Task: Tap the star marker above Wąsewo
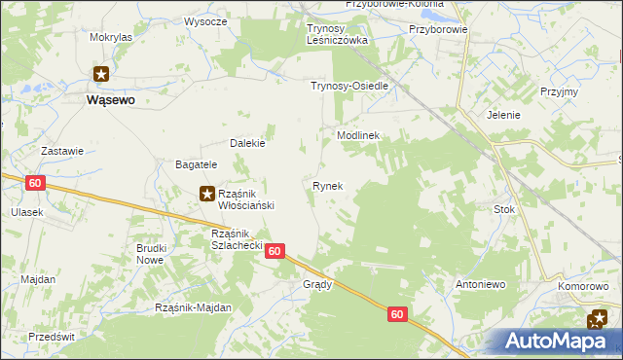pos(102,73)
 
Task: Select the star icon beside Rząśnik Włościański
pos(207,194)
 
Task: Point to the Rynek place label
pos(327,185)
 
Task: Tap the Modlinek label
pos(357,136)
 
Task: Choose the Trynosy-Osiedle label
pos(349,86)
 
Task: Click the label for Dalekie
pos(247,143)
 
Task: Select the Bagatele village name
pos(196,165)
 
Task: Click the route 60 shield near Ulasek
pos(35,183)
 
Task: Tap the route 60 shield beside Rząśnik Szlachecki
pos(275,251)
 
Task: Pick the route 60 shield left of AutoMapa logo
pos(396,314)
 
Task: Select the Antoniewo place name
pos(479,285)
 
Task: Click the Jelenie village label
pos(504,115)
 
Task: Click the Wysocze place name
pos(205,20)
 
